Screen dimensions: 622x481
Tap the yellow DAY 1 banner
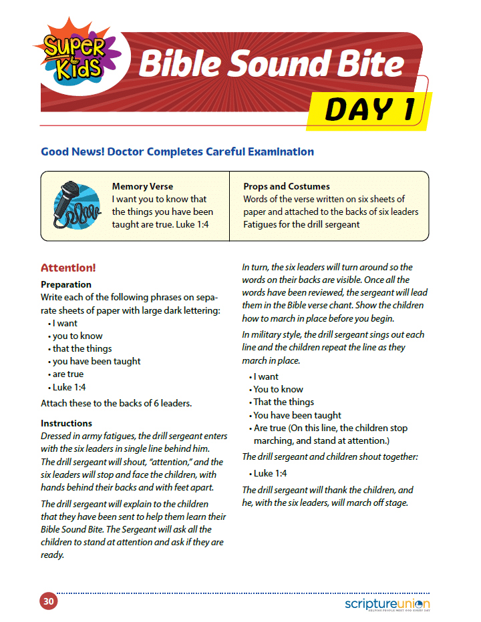369,110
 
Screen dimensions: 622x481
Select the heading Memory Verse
142,187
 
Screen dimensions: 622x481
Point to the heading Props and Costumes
287,187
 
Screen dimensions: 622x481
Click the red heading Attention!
68,268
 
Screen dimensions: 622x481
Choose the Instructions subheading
66,423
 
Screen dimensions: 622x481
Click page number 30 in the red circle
48,601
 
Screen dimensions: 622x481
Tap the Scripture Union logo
388,603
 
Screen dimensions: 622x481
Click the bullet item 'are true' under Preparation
68,374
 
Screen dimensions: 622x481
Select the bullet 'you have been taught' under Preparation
96,362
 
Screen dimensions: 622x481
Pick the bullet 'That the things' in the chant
284,402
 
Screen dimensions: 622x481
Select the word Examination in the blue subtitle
278,151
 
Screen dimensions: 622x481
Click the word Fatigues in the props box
263,224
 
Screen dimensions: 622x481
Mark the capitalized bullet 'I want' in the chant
266,376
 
